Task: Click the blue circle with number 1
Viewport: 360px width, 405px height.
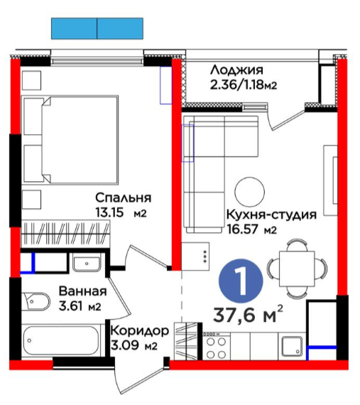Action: click(x=241, y=281)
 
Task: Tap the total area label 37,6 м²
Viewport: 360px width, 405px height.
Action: click(x=249, y=315)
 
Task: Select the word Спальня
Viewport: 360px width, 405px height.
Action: click(x=123, y=198)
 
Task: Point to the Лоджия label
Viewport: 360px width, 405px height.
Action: click(x=236, y=70)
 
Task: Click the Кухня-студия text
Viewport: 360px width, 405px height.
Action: click(x=271, y=215)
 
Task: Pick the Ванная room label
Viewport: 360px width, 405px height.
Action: click(x=82, y=291)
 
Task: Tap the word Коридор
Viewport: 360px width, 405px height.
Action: click(x=140, y=331)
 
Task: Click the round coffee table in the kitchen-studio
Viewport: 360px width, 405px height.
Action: click(x=249, y=192)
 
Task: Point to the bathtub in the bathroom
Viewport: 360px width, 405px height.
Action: click(x=60, y=340)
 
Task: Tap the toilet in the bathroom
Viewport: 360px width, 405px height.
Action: click(x=36, y=301)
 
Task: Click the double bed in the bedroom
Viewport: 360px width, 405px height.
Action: click(x=70, y=140)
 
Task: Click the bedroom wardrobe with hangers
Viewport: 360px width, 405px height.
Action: click(x=65, y=234)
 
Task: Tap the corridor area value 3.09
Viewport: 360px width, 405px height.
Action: click(x=125, y=345)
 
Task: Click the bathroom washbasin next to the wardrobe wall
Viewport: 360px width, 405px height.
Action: click(x=87, y=263)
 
